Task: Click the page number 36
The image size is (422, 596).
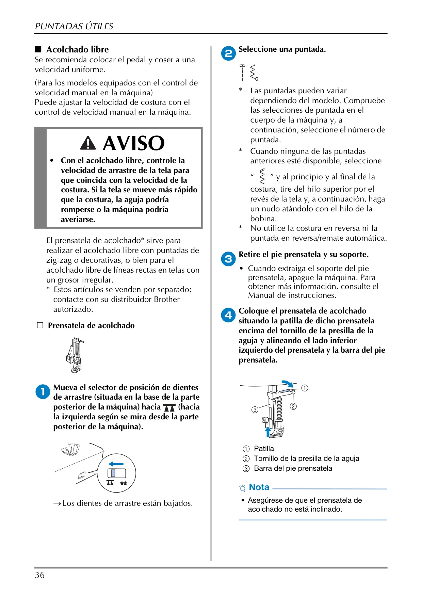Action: coord(40,575)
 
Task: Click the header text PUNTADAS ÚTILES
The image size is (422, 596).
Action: coord(74,26)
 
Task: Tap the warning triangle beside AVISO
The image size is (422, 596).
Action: coord(88,143)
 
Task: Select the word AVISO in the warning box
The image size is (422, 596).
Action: coord(134,143)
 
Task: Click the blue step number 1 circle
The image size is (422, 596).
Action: coord(43,392)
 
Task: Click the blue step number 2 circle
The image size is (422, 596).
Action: coord(228,53)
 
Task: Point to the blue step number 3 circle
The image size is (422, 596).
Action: coord(228,259)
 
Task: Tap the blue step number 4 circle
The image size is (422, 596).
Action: coord(228,315)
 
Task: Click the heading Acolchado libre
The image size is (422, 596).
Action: coord(78,50)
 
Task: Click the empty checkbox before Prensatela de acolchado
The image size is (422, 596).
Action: coord(40,325)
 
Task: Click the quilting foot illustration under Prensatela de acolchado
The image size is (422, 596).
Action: coord(75,355)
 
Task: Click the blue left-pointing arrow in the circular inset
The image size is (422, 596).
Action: coord(116,464)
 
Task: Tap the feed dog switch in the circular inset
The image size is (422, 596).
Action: coord(117,473)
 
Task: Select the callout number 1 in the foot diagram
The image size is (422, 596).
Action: coord(305,388)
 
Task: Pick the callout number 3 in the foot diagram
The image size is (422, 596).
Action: coord(255,410)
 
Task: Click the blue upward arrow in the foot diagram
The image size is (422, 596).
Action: coord(268,432)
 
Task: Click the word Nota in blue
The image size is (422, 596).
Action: coord(259,487)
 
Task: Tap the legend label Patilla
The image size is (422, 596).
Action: coord(264,449)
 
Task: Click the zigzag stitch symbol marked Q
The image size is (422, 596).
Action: coord(254,73)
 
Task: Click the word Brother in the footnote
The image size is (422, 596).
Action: coord(167,299)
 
